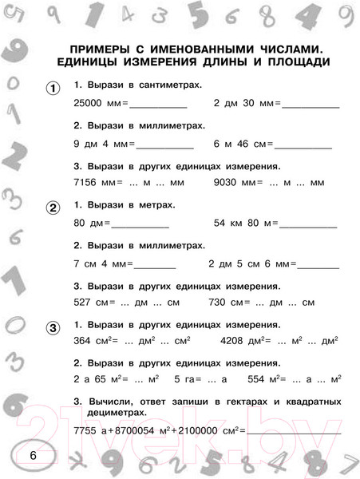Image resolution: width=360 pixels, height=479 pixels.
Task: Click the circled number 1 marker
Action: click(52, 89)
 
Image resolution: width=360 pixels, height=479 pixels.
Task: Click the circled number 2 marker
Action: click(52, 210)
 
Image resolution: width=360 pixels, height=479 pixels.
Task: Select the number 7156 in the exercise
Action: click(85, 183)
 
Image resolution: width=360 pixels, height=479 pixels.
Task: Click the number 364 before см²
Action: click(81, 342)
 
